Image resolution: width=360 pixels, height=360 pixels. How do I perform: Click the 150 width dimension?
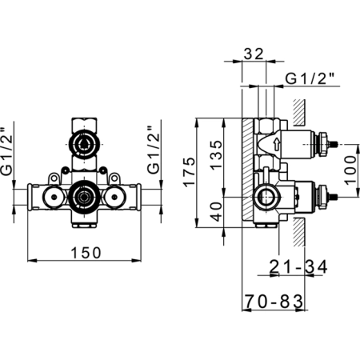[86, 253]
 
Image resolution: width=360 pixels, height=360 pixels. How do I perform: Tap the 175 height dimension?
[189, 172]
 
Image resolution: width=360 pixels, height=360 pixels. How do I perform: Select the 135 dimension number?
[216, 155]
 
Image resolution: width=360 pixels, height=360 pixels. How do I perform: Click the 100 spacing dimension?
[350, 170]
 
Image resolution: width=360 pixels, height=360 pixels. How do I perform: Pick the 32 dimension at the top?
[254, 54]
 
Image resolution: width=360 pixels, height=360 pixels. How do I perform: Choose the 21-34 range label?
[298, 266]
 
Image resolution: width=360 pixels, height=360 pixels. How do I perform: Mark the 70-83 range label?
[274, 302]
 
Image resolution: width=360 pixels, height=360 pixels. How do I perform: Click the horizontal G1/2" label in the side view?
[310, 78]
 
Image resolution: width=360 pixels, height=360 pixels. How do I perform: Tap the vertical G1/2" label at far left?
[6, 151]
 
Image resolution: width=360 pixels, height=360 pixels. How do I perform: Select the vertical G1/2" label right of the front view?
[154, 150]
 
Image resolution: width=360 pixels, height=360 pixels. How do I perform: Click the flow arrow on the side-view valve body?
[278, 144]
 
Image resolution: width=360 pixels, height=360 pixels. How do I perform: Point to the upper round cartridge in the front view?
[84, 145]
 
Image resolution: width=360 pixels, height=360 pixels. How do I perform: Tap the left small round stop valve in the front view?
[54, 197]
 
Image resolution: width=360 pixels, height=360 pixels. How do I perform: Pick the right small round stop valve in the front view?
[115, 197]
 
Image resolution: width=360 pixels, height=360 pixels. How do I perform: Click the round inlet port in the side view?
[266, 197]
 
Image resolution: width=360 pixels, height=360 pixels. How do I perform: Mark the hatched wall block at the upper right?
[299, 113]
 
